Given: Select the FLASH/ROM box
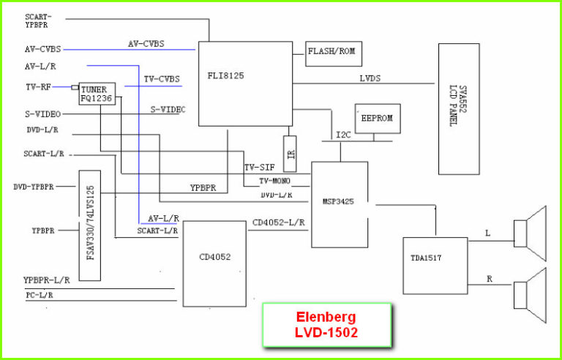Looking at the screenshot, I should point(333,53).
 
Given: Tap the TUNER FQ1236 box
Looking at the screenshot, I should point(97,94).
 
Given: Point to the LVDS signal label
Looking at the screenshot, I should point(370,78).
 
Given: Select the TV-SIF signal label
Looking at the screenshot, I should point(260,168).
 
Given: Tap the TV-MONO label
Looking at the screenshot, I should point(275,181).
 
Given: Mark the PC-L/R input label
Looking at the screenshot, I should point(39,294).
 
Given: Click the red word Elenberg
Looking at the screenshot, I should point(326,318).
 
